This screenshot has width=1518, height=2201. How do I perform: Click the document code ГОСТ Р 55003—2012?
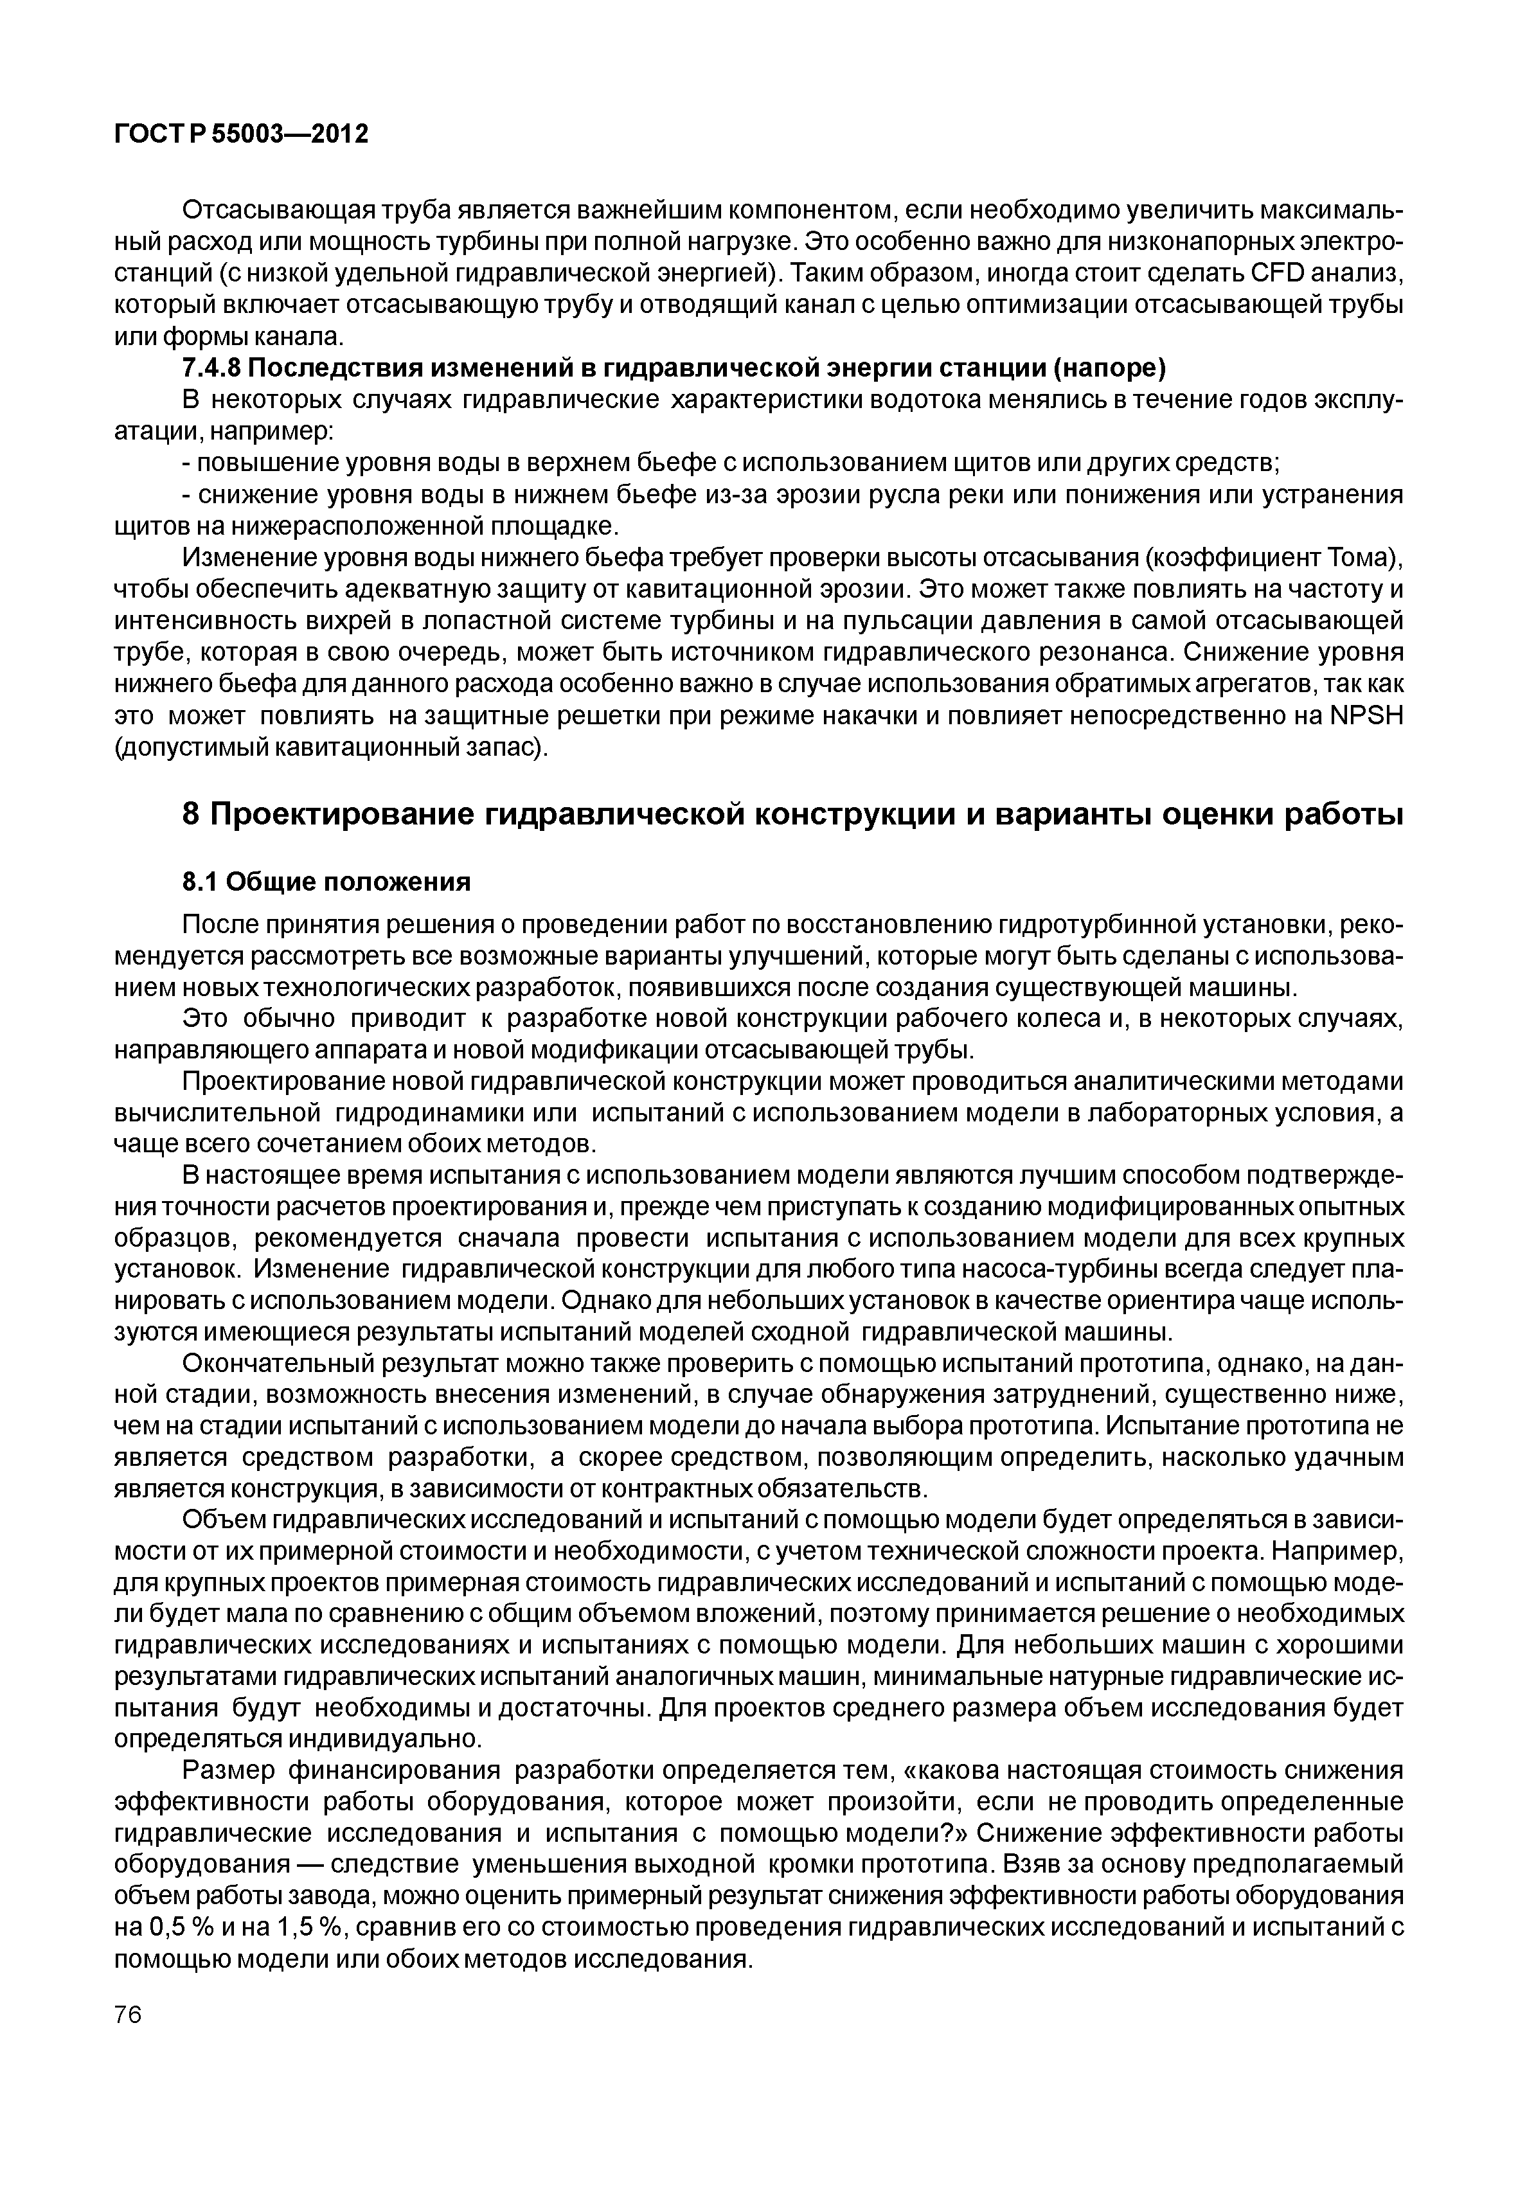pyautogui.click(x=240, y=135)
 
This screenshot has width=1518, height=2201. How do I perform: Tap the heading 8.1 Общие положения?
pyautogui.click(x=326, y=882)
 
